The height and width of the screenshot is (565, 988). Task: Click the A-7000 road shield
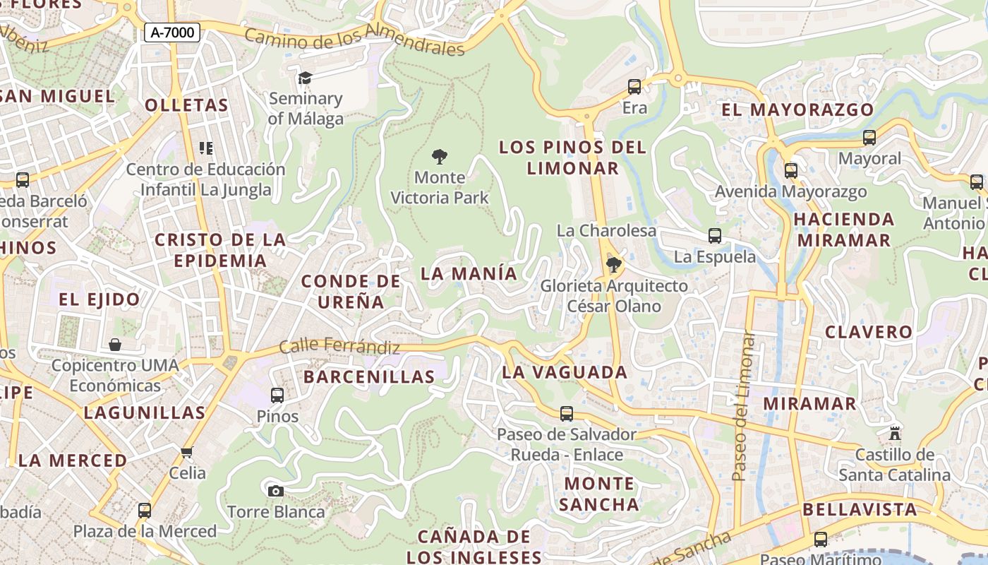point(172,32)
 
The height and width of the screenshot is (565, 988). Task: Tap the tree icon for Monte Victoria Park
point(440,156)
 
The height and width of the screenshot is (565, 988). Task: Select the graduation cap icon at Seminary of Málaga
point(305,78)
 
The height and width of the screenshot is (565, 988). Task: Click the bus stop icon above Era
point(634,87)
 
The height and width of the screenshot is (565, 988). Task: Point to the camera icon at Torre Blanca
point(275,491)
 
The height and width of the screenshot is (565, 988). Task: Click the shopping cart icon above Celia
point(187,452)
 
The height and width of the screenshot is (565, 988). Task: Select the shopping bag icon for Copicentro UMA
point(115,345)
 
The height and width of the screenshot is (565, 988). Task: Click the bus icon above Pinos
point(277,395)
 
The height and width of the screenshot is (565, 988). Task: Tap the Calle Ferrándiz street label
point(339,347)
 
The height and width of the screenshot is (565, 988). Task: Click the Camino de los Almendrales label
point(355,39)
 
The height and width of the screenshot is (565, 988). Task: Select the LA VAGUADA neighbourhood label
point(564,372)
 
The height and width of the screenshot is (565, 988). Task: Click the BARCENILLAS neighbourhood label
point(369,376)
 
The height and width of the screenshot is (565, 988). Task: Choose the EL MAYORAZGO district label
point(797,109)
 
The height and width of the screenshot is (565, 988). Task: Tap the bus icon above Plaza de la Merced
point(145,510)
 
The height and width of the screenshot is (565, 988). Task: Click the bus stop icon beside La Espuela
point(715,236)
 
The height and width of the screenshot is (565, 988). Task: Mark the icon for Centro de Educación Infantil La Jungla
point(206,148)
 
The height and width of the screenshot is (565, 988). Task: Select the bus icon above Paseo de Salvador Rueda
point(567,414)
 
